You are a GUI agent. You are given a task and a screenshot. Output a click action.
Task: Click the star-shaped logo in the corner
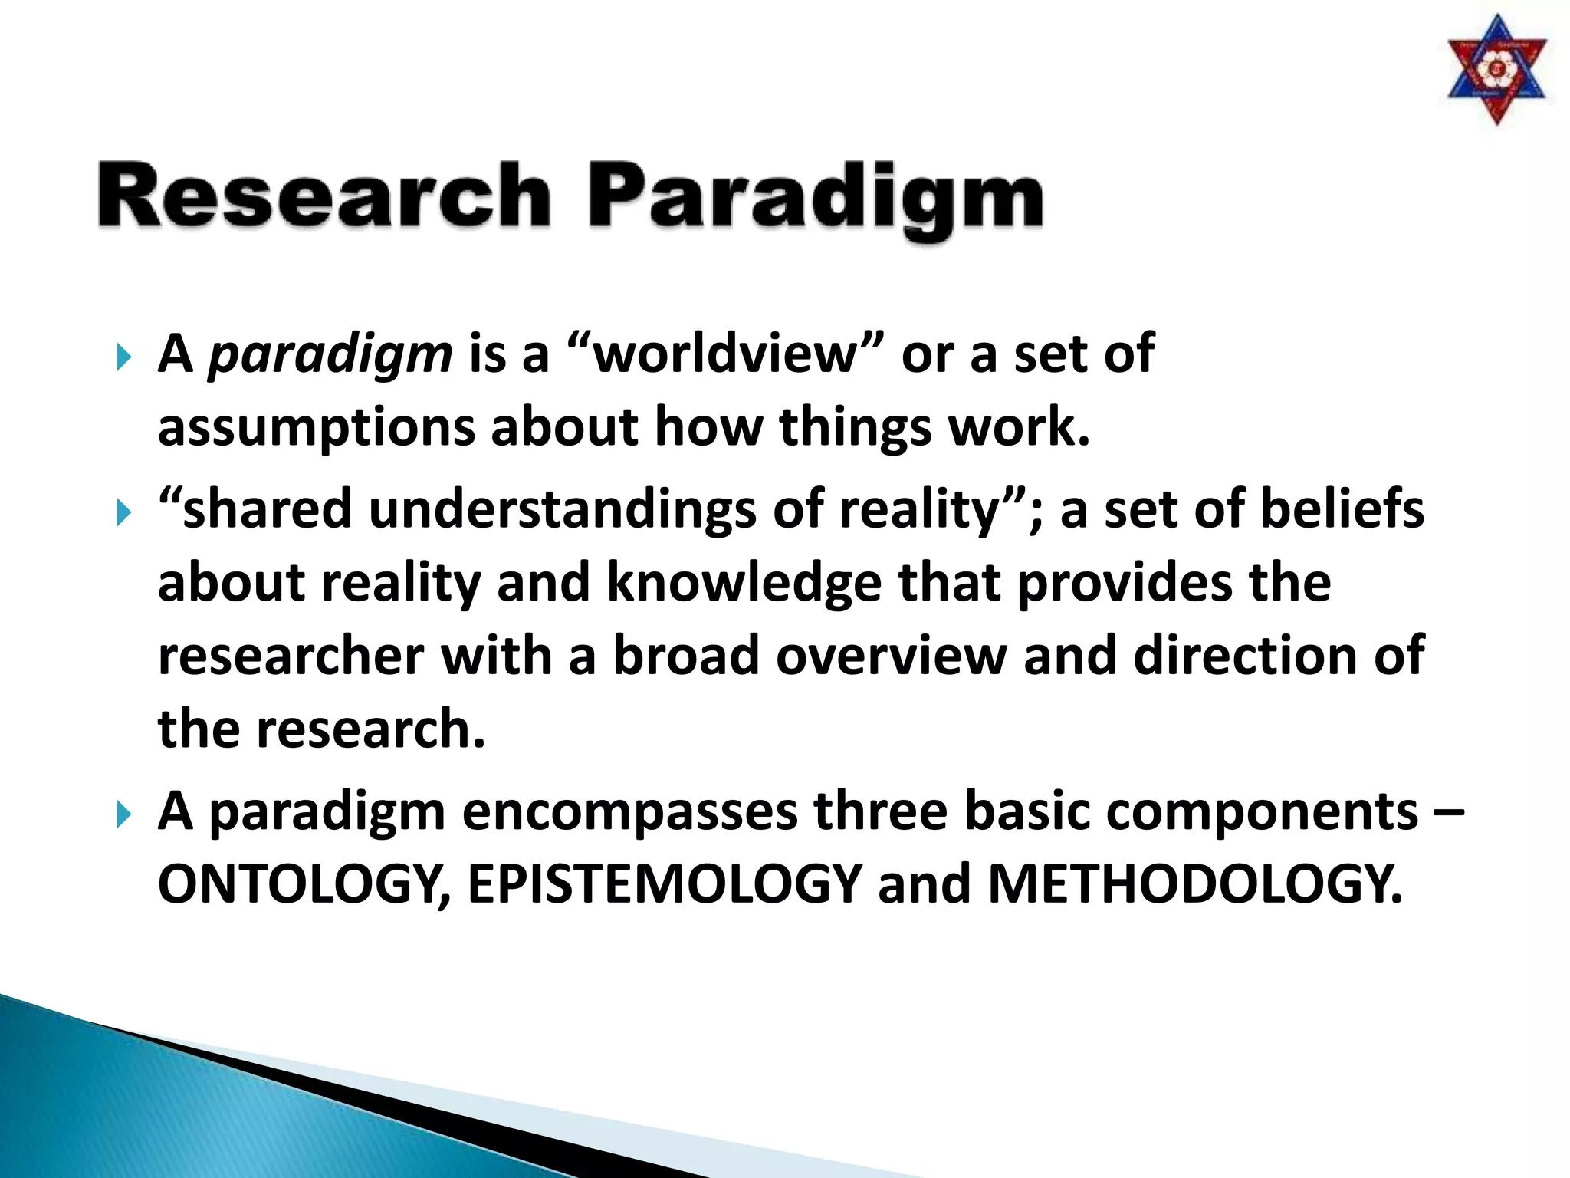[x=1496, y=70]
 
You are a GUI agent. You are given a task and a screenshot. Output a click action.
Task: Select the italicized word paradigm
[x=330, y=356]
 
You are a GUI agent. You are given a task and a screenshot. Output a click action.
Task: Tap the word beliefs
[x=1342, y=509]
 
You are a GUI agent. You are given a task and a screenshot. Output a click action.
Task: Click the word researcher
[x=291, y=656]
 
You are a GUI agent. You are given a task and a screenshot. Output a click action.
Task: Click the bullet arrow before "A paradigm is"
[x=123, y=357]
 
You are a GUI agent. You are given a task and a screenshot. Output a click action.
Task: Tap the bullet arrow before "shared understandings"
[x=123, y=512]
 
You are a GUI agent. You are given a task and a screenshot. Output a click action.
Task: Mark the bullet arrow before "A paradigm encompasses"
[x=123, y=814]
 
